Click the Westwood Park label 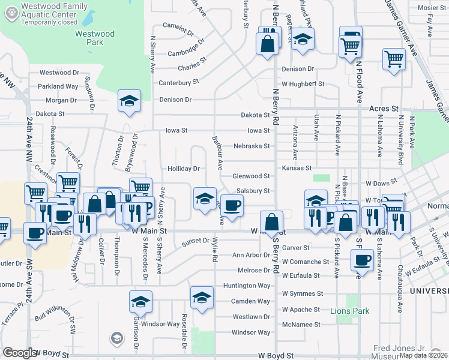tap(94, 38)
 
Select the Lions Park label tap(350, 311)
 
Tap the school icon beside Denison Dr tap(129, 102)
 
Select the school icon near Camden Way tap(202, 298)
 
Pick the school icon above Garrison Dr tap(140, 302)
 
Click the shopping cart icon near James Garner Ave tap(394, 59)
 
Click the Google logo tap(20, 353)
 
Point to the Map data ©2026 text tap(423, 355)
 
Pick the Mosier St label tap(432, 8)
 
